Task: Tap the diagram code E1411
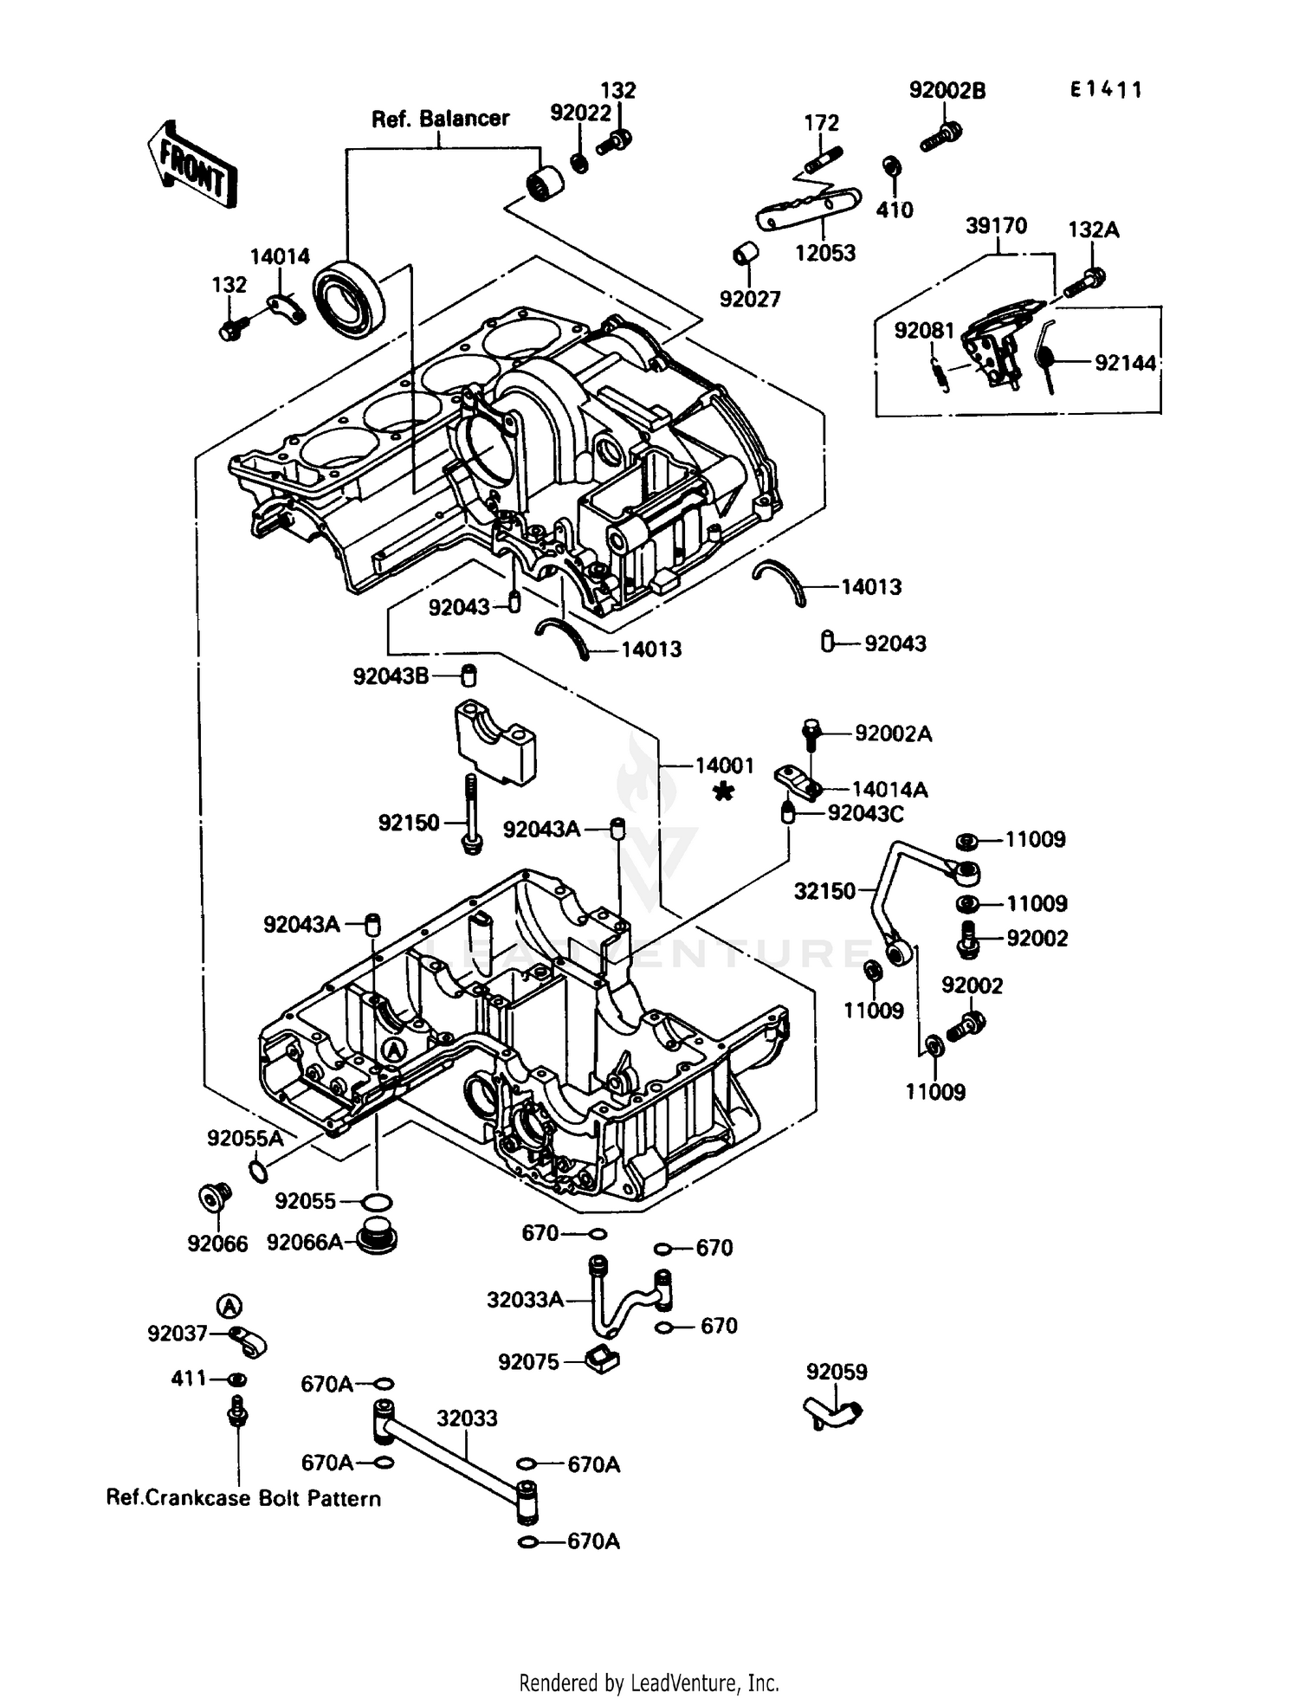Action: click(1106, 90)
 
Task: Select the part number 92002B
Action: click(947, 91)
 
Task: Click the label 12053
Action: click(824, 254)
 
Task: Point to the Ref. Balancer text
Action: click(440, 119)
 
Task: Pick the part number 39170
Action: click(996, 226)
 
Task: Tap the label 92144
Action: click(1125, 364)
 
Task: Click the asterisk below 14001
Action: click(723, 791)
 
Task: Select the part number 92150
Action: click(409, 823)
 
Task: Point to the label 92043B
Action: click(391, 676)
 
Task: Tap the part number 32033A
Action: click(526, 1300)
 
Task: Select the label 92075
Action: click(528, 1362)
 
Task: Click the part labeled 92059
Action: click(833, 1414)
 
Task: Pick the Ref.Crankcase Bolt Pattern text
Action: click(243, 1498)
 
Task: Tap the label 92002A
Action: click(893, 734)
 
